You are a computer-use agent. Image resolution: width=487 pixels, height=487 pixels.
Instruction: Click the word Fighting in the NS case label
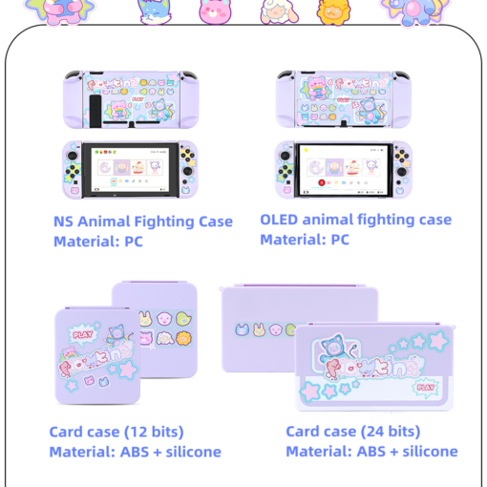pyautogui.click(x=164, y=222)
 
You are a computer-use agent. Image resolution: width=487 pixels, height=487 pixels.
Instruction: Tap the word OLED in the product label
pyautogui.click(x=279, y=220)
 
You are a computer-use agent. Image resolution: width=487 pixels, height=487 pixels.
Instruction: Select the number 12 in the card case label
pyautogui.click(x=138, y=432)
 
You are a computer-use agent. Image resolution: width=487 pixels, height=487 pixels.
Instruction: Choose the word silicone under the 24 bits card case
pyautogui.click(x=430, y=452)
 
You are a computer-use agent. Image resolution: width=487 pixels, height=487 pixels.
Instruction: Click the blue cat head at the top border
pyautogui.click(x=155, y=12)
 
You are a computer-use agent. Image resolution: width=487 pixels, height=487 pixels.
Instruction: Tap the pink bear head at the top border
pyautogui.click(x=215, y=12)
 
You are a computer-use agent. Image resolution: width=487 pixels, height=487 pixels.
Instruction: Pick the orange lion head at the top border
pyautogui.click(x=333, y=12)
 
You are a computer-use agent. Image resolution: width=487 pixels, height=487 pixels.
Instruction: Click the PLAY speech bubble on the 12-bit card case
pyautogui.click(x=83, y=334)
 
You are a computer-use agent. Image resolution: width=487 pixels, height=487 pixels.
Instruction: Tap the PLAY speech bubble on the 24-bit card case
pyautogui.click(x=426, y=388)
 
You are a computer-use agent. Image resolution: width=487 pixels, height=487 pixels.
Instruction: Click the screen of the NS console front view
pyautogui.click(x=130, y=170)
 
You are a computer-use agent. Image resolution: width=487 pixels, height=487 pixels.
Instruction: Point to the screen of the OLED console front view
pyautogui.click(x=343, y=170)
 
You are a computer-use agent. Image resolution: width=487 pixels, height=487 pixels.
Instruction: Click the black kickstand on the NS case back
pyautogui.click(x=95, y=111)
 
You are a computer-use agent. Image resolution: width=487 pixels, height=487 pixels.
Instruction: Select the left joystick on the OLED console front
pyautogui.click(x=285, y=156)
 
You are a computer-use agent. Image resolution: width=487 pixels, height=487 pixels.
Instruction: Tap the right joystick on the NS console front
pyautogui.click(x=188, y=171)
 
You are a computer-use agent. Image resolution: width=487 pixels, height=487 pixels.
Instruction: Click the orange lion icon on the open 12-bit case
pyautogui.click(x=183, y=339)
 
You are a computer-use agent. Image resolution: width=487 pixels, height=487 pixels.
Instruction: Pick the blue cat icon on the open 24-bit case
pyautogui.click(x=242, y=329)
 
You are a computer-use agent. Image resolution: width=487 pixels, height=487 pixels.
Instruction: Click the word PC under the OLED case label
pyautogui.click(x=340, y=240)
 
